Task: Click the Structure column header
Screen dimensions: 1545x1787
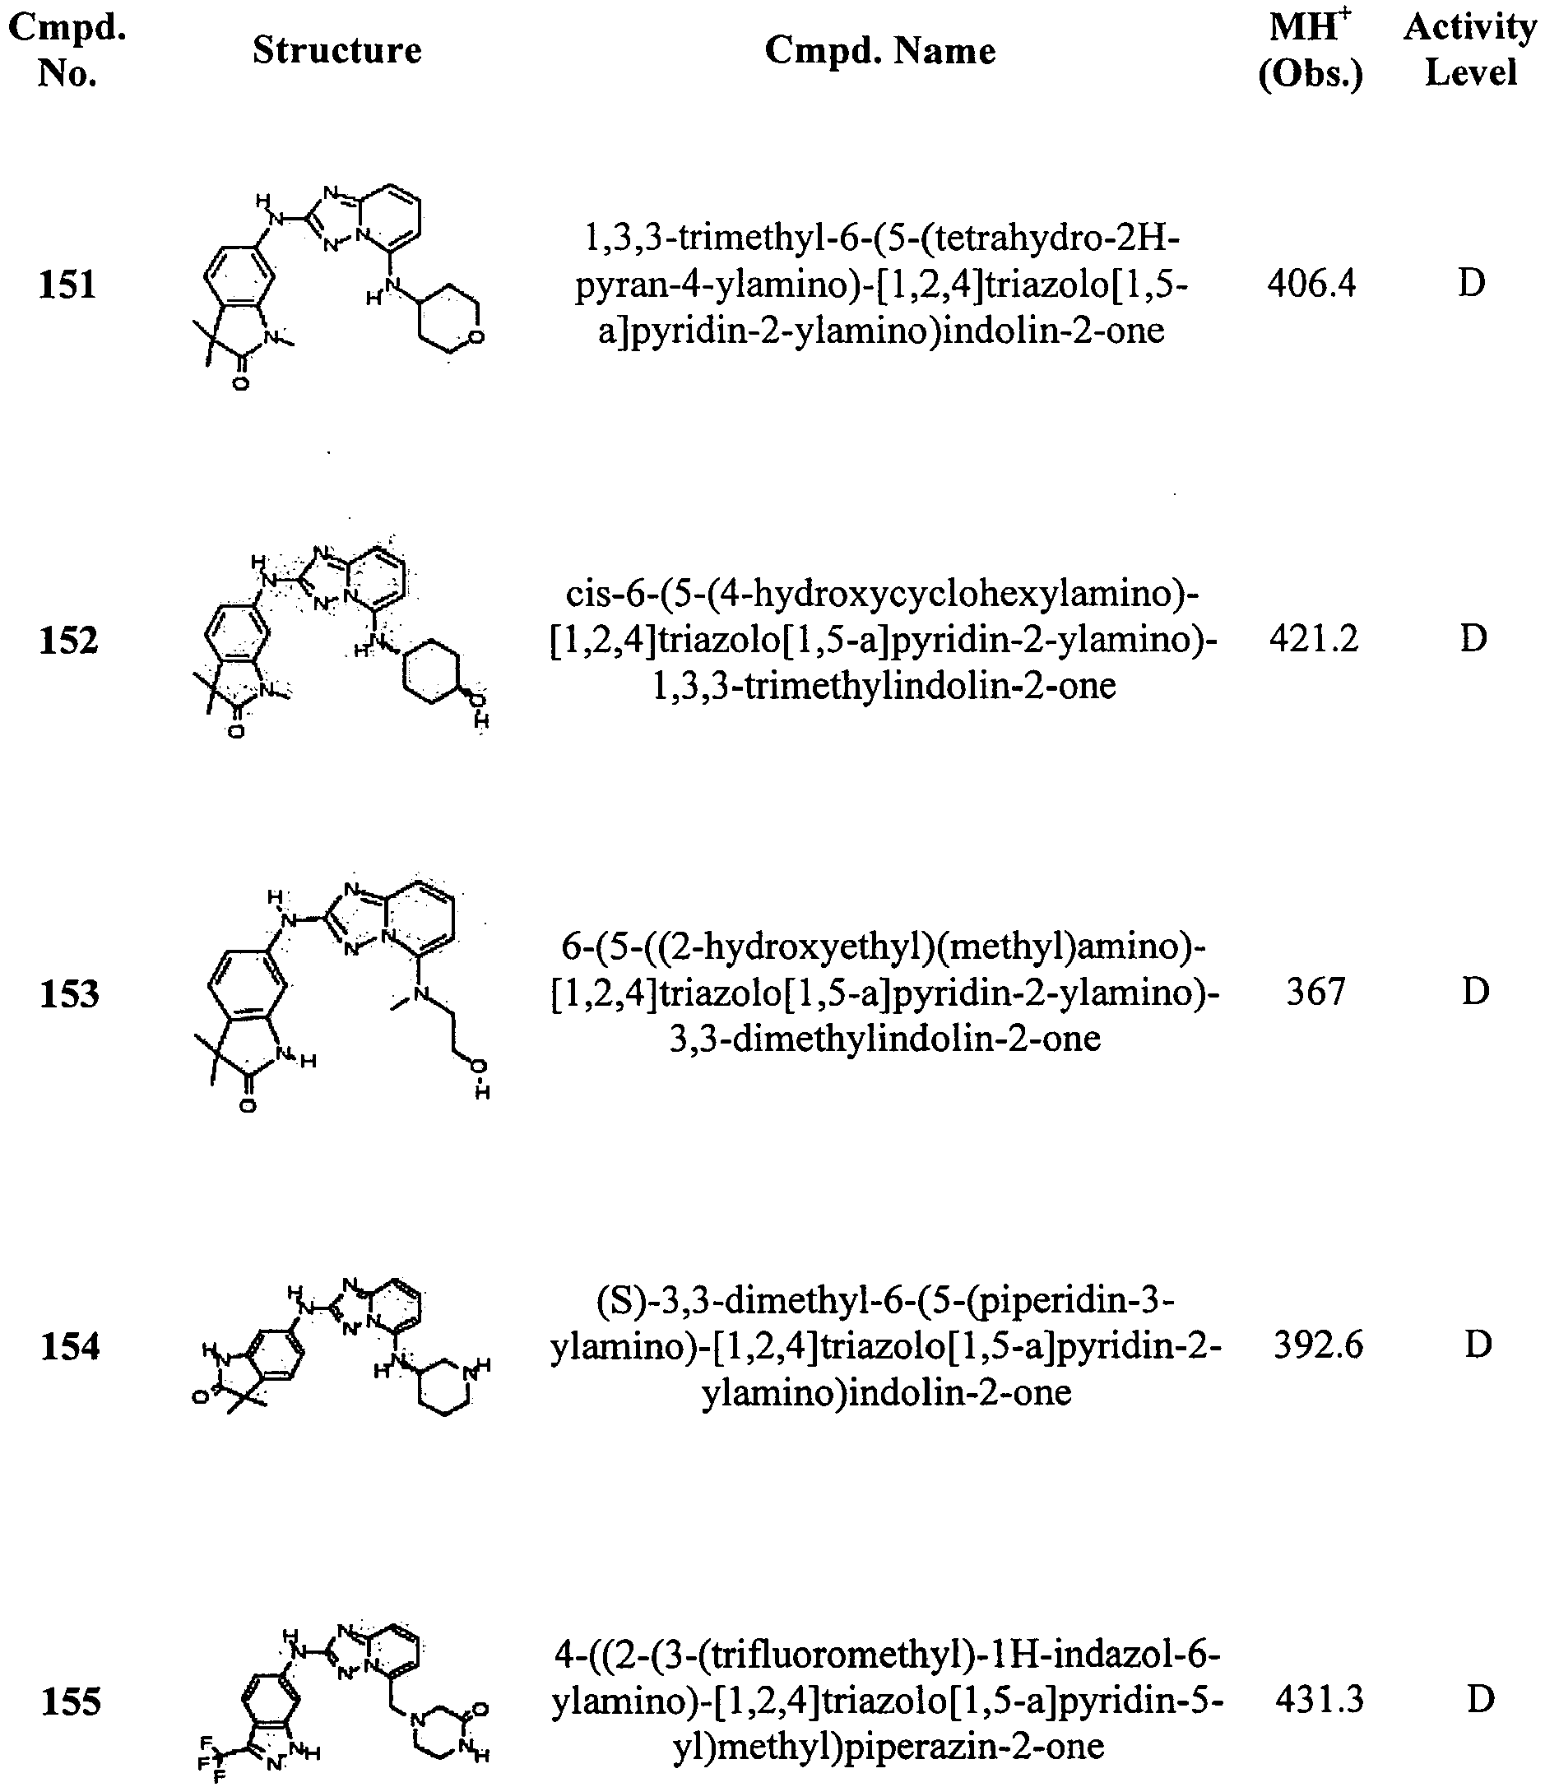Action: (336, 50)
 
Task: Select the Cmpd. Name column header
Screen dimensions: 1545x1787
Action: (880, 51)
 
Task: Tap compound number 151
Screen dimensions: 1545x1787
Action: (68, 285)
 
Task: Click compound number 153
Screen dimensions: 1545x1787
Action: (70, 993)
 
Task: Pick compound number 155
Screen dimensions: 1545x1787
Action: (72, 1701)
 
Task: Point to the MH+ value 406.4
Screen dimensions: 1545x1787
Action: (1311, 283)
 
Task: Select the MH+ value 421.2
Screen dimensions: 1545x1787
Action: (1313, 638)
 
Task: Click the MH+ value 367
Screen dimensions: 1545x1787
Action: (1315, 992)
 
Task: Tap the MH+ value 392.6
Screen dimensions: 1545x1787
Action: (1318, 1345)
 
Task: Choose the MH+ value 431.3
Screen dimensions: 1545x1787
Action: (1320, 1700)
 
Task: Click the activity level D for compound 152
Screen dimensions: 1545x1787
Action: (1473, 638)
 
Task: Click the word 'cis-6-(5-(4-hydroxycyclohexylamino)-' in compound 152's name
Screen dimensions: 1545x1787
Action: (883, 594)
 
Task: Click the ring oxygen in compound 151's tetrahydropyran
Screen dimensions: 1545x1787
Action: (476, 337)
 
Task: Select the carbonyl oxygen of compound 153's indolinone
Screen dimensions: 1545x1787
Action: (248, 1105)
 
